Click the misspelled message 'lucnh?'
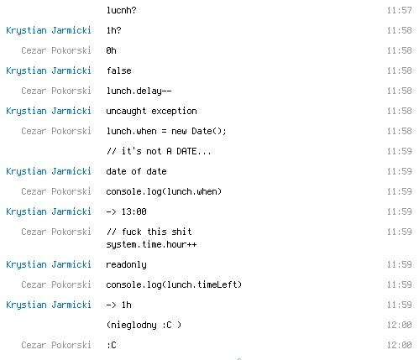coord(121,10)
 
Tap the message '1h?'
coord(113,30)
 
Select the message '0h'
coord(111,50)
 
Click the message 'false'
coord(118,70)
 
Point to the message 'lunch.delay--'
coord(139,91)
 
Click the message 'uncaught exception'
coord(151,111)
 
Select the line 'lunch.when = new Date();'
coord(166,131)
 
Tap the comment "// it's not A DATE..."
coord(159,151)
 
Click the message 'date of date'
coord(136,171)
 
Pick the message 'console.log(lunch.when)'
coord(164,191)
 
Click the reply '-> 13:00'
coord(126,211)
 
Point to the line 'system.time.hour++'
coord(151,244)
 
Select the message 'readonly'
coord(126,264)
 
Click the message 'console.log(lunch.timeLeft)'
coord(174,284)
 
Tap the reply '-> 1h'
coord(118,305)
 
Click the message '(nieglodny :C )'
coord(144,325)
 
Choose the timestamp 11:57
coord(400,10)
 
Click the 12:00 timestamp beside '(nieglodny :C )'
coord(400,325)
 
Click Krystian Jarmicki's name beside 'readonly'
coord(49,264)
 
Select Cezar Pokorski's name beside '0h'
coord(56,50)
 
